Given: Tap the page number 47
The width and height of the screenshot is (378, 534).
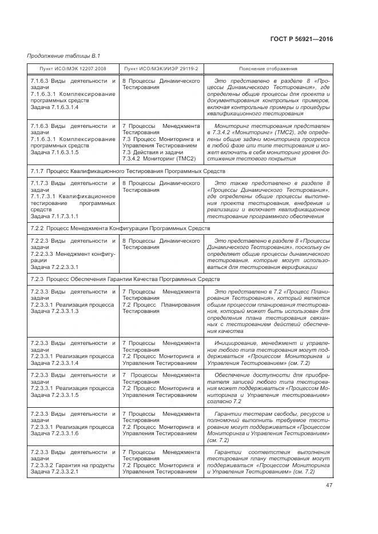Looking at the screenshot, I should (x=328, y=485).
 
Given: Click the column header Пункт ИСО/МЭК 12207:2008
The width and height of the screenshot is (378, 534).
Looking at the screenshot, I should (x=73, y=69).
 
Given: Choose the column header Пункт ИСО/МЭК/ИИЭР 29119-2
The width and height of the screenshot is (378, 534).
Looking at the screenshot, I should (x=161, y=69).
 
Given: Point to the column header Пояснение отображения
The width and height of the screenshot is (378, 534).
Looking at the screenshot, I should (x=268, y=69).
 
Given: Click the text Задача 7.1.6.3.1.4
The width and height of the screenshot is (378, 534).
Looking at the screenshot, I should (x=54, y=107).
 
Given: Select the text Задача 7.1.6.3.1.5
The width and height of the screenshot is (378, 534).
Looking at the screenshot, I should (x=54, y=152).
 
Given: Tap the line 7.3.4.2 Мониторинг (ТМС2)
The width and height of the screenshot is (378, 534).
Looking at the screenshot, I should (x=158, y=159).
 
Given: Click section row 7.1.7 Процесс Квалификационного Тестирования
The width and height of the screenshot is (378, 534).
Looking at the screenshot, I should (x=128, y=171).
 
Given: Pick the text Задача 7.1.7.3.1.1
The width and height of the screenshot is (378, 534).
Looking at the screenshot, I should (x=54, y=216).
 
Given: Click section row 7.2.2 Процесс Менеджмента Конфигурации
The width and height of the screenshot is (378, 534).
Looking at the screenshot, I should (x=120, y=228).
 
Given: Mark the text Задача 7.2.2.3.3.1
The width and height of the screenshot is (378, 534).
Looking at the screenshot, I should (x=54, y=267).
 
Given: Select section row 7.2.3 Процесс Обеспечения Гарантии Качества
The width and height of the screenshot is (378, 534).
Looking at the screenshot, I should (x=125, y=279).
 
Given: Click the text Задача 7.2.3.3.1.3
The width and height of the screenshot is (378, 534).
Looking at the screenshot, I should (x=54, y=311).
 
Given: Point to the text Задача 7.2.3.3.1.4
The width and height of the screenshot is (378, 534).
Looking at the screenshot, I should (x=54, y=363).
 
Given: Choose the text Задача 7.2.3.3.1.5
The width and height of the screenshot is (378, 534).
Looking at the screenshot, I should (x=54, y=394).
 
